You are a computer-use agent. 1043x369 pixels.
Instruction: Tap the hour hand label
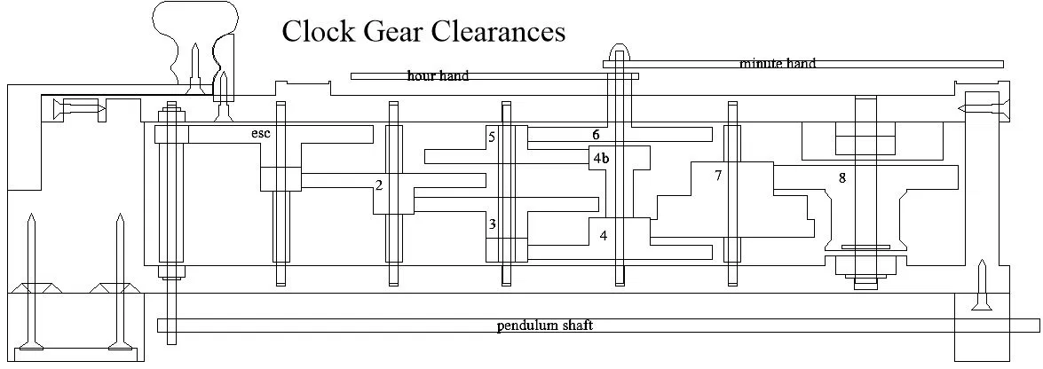[438, 76]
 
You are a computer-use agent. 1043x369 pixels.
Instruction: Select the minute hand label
[778, 64]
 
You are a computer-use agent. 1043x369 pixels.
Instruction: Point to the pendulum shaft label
[544, 326]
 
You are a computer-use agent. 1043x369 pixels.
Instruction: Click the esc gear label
[260, 134]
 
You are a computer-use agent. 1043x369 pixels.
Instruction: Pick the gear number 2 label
[379, 185]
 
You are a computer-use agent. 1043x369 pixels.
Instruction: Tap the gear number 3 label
[492, 224]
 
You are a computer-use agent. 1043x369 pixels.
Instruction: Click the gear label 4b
[601, 159]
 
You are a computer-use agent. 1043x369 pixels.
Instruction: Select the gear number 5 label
[491, 137]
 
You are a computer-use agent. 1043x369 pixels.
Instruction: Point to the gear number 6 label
[597, 135]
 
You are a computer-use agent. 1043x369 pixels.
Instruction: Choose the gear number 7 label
[718, 176]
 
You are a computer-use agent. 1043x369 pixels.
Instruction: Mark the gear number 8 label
[842, 177]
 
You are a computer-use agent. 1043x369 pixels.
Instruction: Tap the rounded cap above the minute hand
[620, 51]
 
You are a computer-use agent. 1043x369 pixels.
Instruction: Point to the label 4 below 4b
[604, 236]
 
